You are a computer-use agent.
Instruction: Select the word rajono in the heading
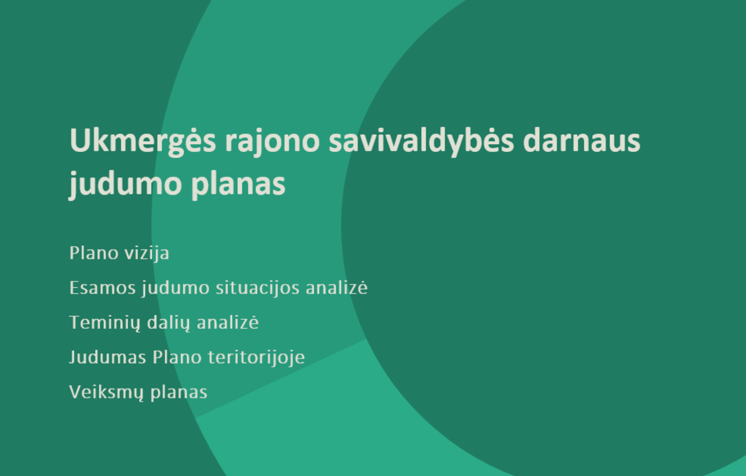click(x=272, y=143)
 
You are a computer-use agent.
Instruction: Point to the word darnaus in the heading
click(x=582, y=141)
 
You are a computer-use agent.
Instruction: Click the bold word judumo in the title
click(x=125, y=184)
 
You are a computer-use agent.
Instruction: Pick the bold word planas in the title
click(x=238, y=184)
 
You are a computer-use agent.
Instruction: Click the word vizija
click(x=147, y=253)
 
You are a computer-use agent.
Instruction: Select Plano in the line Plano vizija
click(x=94, y=252)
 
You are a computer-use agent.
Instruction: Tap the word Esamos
click(x=102, y=288)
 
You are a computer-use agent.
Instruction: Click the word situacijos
click(x=258, y=288)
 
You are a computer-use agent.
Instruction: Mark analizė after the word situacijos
click(x=336, y=287)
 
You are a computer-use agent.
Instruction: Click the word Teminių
click(x=105, y=323)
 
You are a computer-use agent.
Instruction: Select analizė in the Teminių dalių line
click(x=228, y=322)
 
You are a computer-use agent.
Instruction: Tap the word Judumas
click(x=108, y=357)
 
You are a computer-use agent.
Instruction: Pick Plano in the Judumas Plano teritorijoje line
click(x=177, y=357)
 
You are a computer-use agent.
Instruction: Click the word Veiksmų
click(x=107, y=392)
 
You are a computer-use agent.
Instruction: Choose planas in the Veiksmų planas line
click(x=179, y=392)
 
